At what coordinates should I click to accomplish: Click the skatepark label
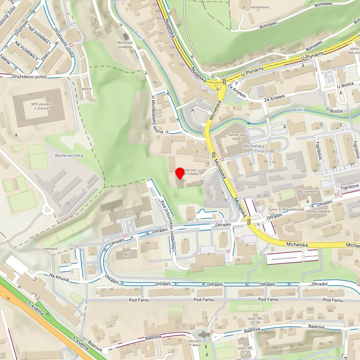tap(50, 248)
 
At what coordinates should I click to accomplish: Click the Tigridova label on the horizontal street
tap(349, 186)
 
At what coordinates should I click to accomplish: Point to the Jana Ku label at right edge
tap(353, 52)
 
